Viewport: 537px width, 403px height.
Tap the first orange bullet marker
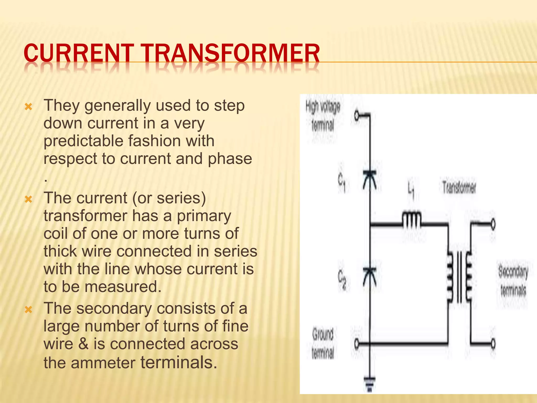(x=28, y=107)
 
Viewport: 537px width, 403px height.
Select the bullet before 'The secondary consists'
(x=28, y=310)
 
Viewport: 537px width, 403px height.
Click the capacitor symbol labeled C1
(x=370, y=180)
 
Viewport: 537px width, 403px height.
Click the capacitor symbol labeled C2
(x=370, y=277)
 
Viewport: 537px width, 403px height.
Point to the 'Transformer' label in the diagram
(x=459, y=188)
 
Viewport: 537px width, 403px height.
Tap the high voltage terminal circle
(x=357, y=115)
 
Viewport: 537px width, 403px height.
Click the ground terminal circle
(x=357, y=343)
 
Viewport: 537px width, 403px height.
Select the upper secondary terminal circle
(x=493, y=224)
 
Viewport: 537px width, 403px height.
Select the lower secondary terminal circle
(x=493, y=343)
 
